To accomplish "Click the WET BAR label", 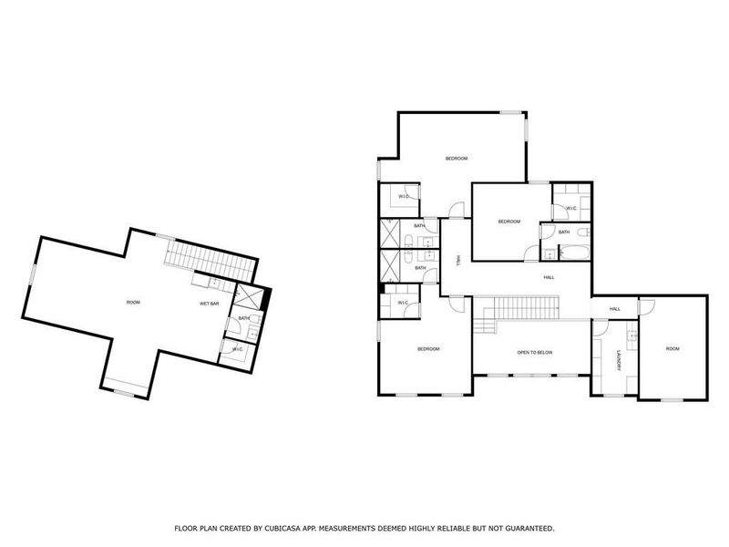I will pos(210,303).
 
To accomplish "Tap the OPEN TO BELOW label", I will pos(535,352).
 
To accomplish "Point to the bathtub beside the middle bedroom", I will pos(574,242).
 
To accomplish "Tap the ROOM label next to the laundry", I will pos(673,349).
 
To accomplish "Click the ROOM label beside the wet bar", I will pos(133,302).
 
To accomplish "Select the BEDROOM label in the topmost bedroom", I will pos(457,159).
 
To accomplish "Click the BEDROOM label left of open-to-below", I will pos(428,349).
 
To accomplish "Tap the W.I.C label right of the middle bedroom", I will pos(571,209).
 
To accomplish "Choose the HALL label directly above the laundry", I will pos(615,309).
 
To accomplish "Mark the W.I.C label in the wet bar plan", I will pos(237,348).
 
